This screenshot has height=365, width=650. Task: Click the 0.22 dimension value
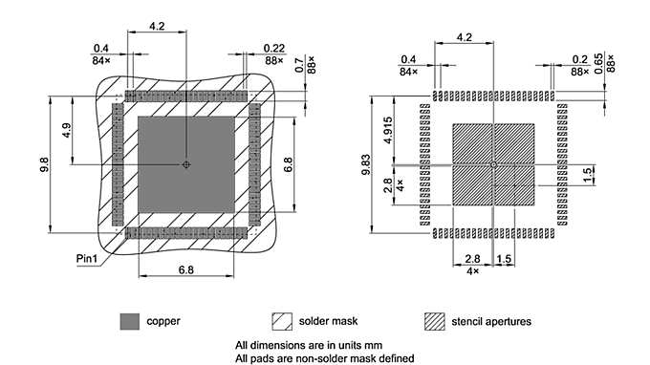coord(272,48)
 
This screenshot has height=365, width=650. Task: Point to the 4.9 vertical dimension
coord(64,129)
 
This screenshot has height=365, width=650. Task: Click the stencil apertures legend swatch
coord(434,320)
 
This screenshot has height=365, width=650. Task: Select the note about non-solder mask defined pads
coord(324,358)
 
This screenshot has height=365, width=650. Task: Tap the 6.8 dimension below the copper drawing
coord(186,270)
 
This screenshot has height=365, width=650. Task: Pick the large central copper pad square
coord(186,164)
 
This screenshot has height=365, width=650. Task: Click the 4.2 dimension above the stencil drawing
coord(465,37)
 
